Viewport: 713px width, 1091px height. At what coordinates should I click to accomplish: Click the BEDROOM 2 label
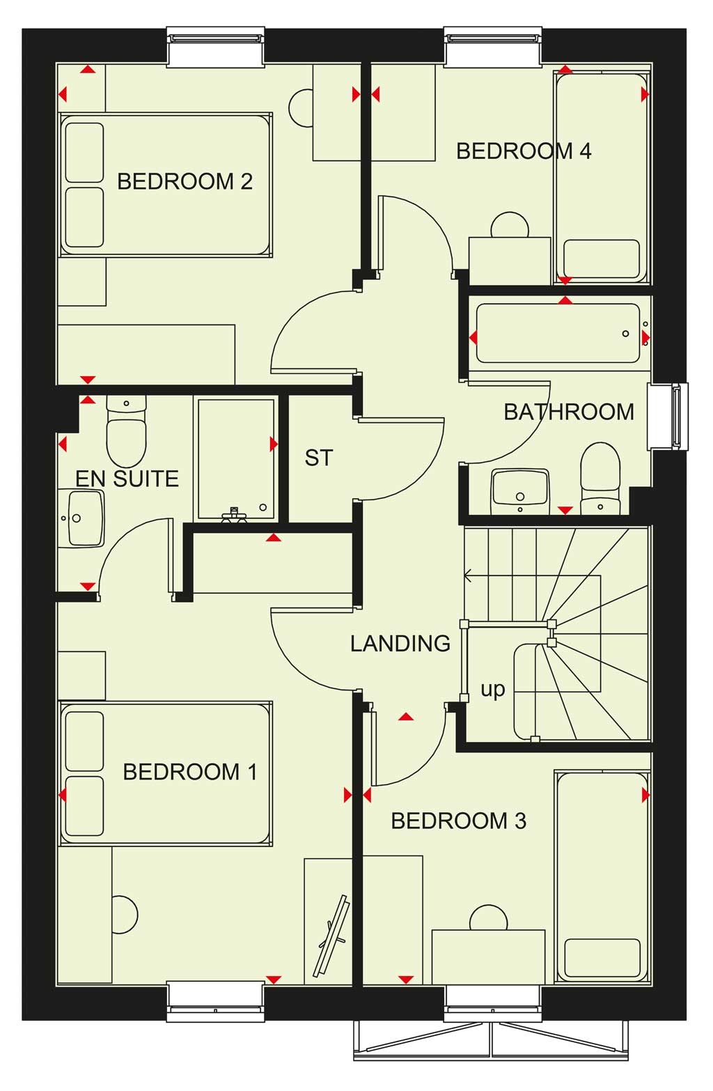(185, 182)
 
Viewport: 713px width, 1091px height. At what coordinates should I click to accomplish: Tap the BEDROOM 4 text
(524, 151)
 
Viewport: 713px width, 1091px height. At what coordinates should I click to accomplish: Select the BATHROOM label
(569, 412)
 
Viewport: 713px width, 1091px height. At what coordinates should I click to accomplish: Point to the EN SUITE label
(127, 479)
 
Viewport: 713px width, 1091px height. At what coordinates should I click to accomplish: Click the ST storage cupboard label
(319, 458)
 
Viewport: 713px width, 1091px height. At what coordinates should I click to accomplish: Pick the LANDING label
(400, 644)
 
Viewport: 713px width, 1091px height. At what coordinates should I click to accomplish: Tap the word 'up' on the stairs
(492, 690)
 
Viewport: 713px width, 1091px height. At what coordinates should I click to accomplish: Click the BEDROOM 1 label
(190, 772)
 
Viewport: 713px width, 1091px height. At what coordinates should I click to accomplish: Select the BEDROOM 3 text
(458, 821)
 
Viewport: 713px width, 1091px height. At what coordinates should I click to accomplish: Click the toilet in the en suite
(126, 431)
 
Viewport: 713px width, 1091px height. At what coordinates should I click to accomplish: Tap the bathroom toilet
(601, 478)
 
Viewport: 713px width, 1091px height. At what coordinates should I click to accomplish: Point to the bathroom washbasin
(520, 491)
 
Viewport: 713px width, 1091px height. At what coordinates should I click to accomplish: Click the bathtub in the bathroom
(558, 333)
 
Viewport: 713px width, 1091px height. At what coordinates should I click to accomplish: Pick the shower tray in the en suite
(236, 459)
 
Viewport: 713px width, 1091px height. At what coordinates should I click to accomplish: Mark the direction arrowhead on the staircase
(468, 575)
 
